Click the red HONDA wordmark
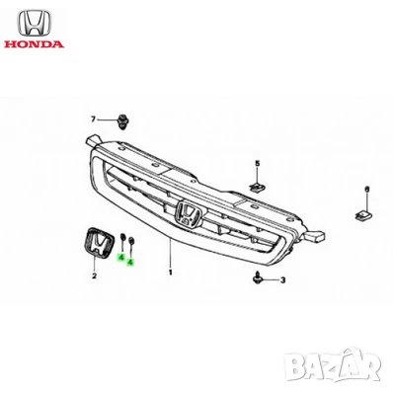(33, 44)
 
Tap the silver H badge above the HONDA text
(33, 21)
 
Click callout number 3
(281, 280)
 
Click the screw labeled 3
(259, 276)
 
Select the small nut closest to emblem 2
(121, 239)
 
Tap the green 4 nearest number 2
(120, 258)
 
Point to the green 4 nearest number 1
(130, 259)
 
